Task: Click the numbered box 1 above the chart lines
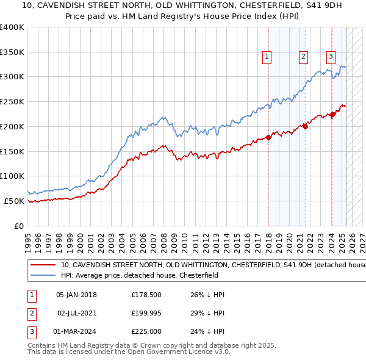(x=267, y=57)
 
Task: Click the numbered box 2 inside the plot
(x=303, y=57)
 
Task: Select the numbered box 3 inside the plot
(x=331, y=57)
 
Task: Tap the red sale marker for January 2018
(x=269, y=137)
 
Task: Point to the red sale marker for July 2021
(x=306, y=126)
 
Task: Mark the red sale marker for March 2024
(x=333, y=114)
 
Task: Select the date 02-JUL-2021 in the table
(x=77, y=313)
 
